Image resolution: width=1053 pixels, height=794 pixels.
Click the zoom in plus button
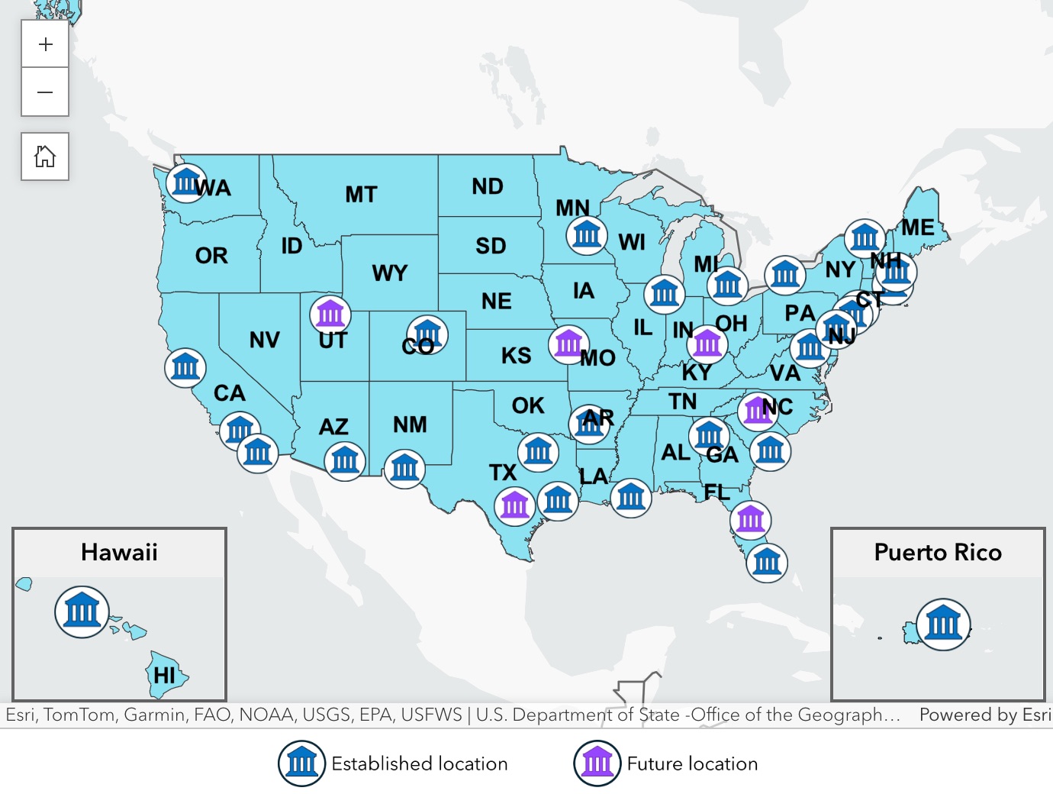tap(45, 44)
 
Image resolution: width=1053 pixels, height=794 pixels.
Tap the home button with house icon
tap(45, 157)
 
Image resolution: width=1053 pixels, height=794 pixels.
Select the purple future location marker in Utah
tap(330, 314)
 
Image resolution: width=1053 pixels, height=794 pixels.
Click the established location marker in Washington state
tap(186, 182)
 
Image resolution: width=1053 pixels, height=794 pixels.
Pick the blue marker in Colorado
tap(427, 334)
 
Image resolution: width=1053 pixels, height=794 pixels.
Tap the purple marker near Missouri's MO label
tap(568, 344)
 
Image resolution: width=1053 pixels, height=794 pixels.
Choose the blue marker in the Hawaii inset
tap(82, 612)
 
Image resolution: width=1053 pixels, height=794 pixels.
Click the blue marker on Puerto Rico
tap(943, 624)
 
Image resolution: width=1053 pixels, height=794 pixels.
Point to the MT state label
tap(361, 195)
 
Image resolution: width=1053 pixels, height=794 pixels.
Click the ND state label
tap(488, 186)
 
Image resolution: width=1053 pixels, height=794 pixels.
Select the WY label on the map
tap(390, 273)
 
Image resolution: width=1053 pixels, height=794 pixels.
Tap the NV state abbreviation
tap(265, 340)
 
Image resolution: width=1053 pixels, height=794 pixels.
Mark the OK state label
tap(528, 405)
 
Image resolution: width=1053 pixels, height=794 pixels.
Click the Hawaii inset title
tap(119, 552)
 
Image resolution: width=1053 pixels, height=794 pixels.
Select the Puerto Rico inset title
tap(938, 552)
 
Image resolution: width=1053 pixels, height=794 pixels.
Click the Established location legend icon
tap(301, 763)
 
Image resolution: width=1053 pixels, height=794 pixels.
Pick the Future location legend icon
tap(597, 763)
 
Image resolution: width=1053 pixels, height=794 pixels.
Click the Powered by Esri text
tap(984, 715)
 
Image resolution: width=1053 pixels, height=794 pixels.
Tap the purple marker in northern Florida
tap(750, 520)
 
